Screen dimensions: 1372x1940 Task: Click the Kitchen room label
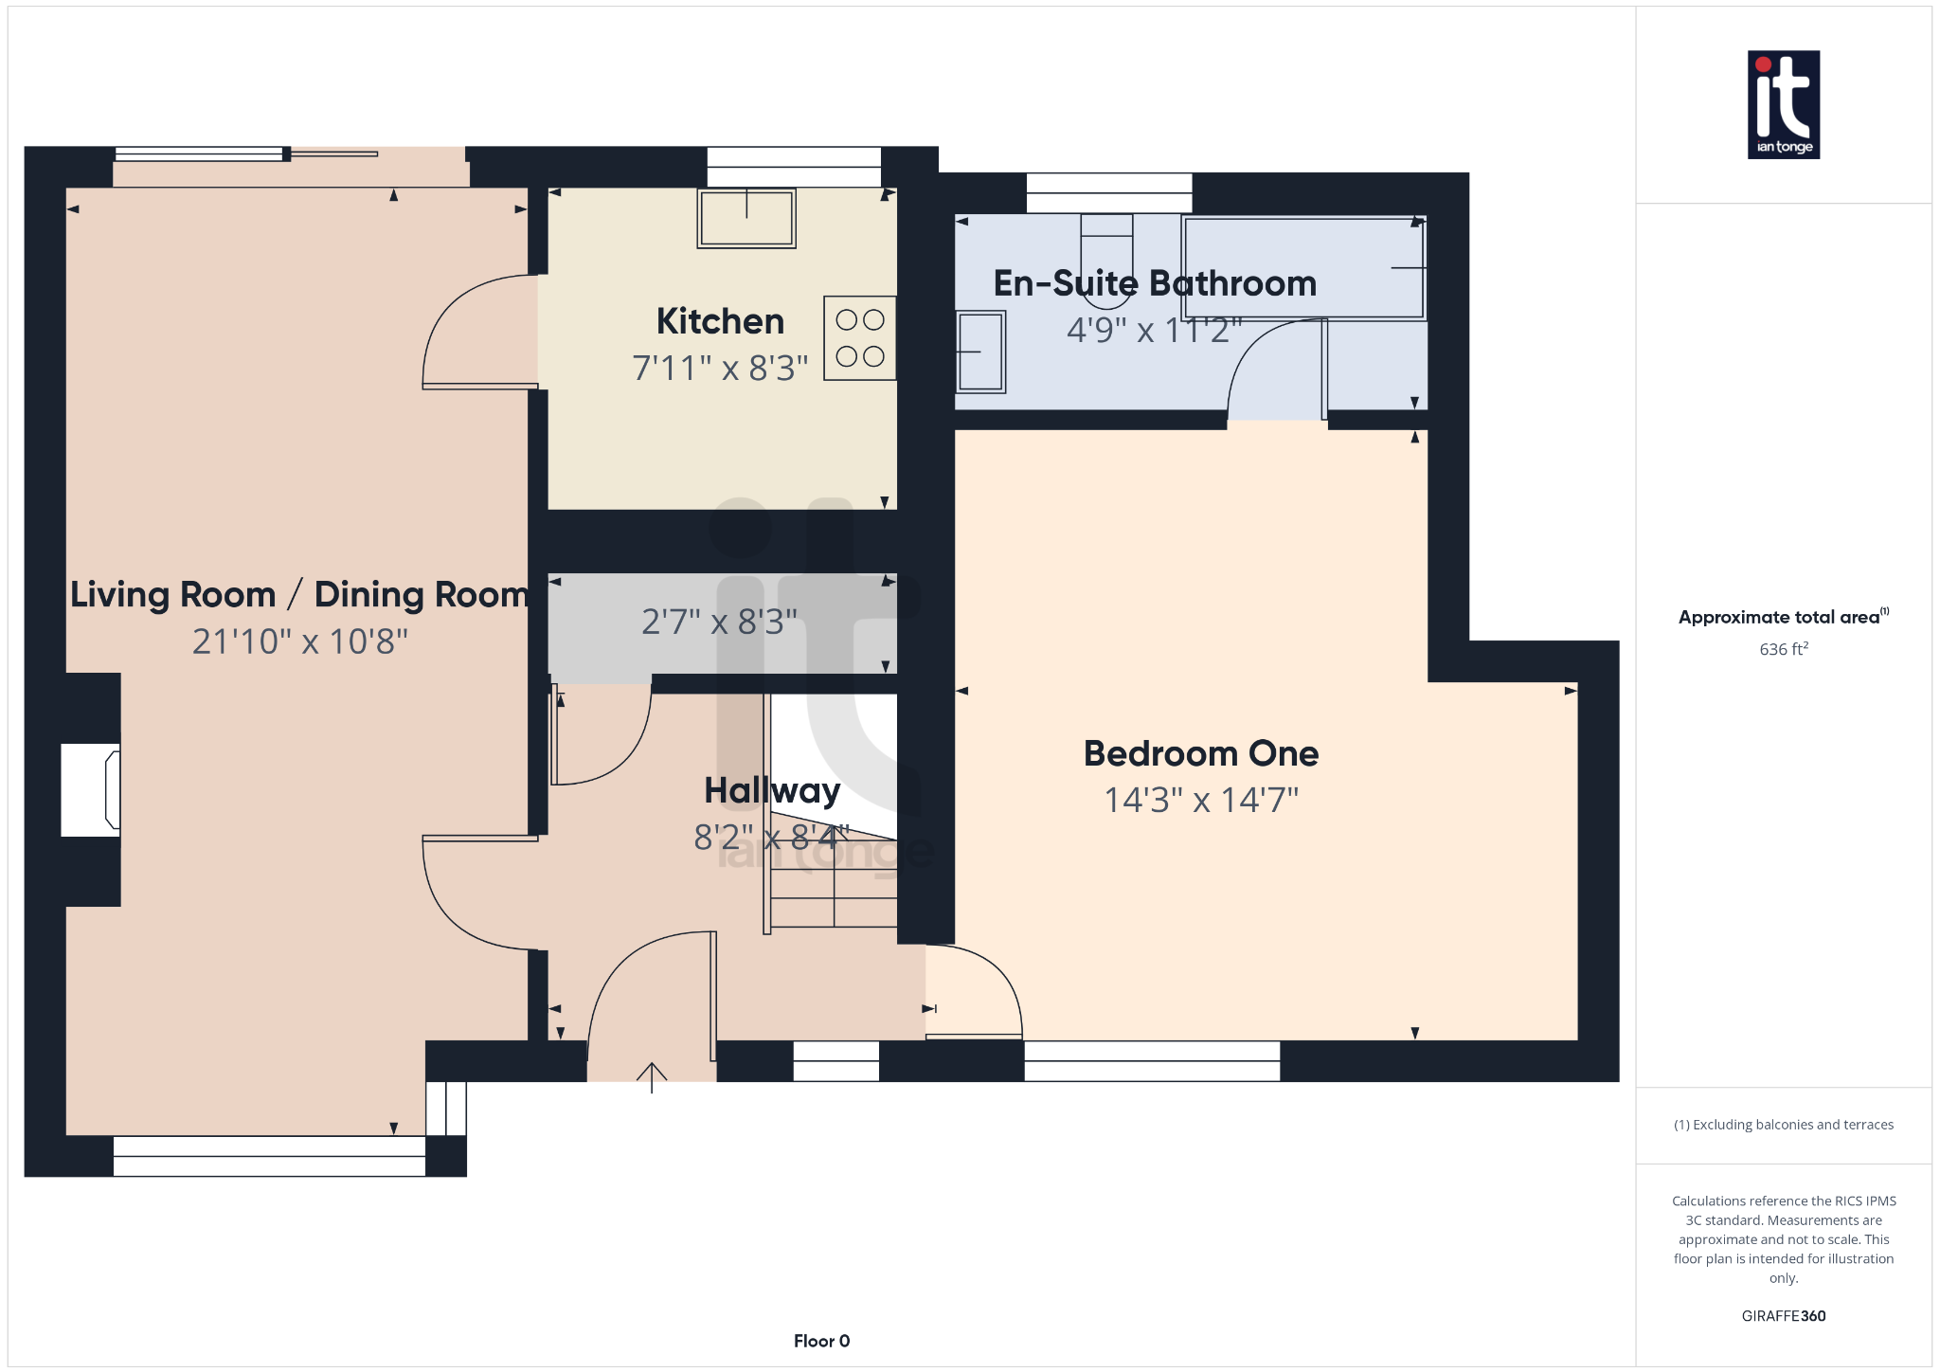tap(720, 322)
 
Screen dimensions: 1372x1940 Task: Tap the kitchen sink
tap(746, 219)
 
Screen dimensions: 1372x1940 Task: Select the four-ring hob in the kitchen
tap(859, 338)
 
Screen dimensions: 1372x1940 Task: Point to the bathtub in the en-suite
tap(1303, 268)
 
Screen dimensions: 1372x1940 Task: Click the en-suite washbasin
tap(979, 352)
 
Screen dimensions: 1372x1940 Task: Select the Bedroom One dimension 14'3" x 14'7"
tap(1201, 801)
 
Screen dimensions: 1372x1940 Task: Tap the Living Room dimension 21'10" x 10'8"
tap(299, 642)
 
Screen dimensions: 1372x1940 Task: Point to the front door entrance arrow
tap(652, 1076)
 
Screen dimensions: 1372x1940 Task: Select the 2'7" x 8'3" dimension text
tap(719, 623)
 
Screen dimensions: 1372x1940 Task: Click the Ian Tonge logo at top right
tap(1783, 104)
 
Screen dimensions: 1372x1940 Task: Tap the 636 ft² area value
tap(1783, 649)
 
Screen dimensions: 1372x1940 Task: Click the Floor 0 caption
tap(821, 1341)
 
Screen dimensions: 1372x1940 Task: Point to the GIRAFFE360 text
tap(1783, 1316)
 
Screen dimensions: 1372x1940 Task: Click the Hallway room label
tap(772, 791)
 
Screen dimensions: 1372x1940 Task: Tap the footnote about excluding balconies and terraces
tap(1783, 1125)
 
